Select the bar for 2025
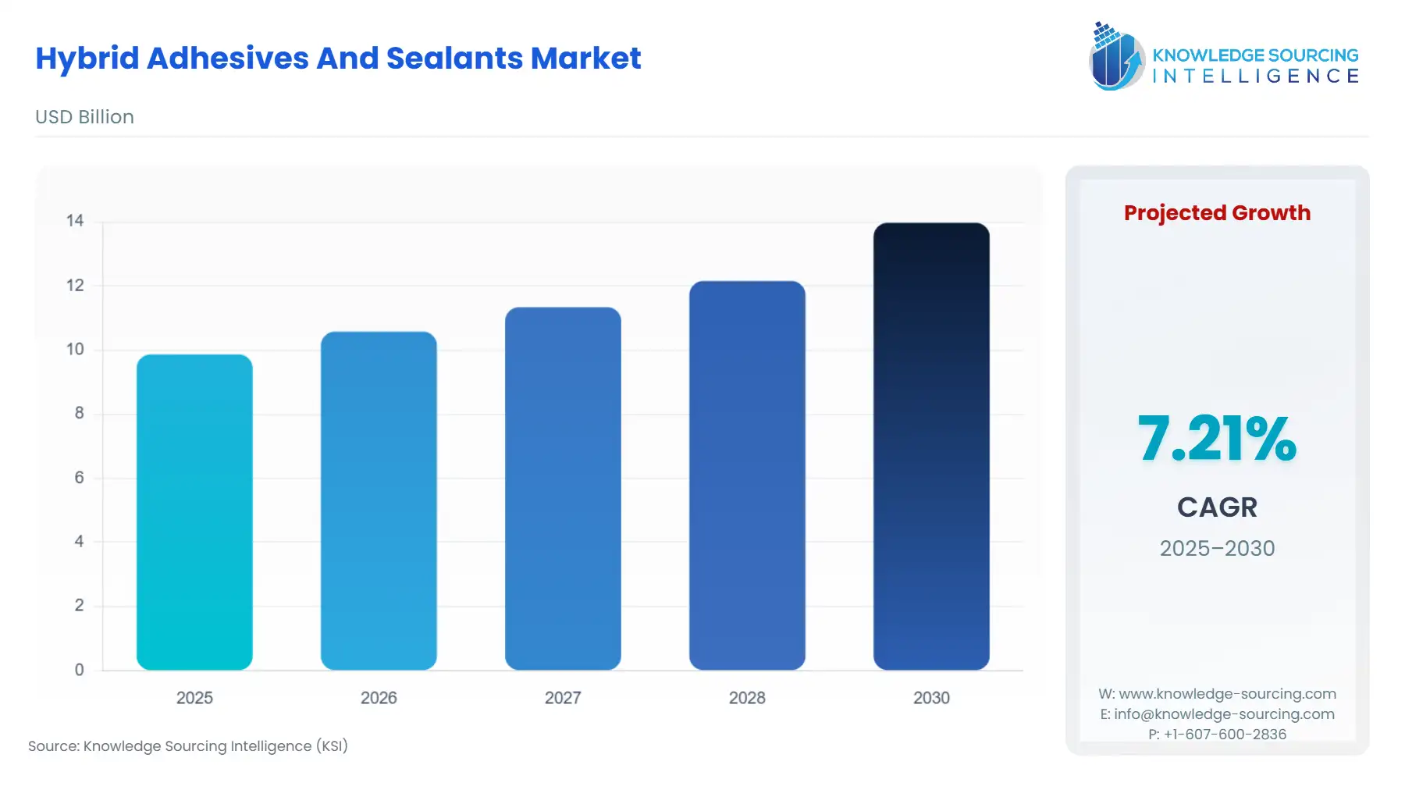[x=194, y=512]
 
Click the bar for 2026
[x=379, y=500]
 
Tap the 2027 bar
[x=563, y=488]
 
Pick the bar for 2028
[x=747, y=475]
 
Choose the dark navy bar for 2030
[x=931, y=446]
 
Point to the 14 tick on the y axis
[x=75, y=221]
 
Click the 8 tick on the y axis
[x=79, y=413]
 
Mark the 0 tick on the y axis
[x=79, y=670]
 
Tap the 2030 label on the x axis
[x=931, y=698]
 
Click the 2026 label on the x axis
[x=379, y=698]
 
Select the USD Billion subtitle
[x=84, y=117]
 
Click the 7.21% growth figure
[x=1216, y=439]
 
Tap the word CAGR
[x=1216, y=507]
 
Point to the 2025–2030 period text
[x=1216, y=548]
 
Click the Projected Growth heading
[x=1216, y=212]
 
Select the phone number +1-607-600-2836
[x=1224, y=734]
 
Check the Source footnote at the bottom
[x=188, y=746]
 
